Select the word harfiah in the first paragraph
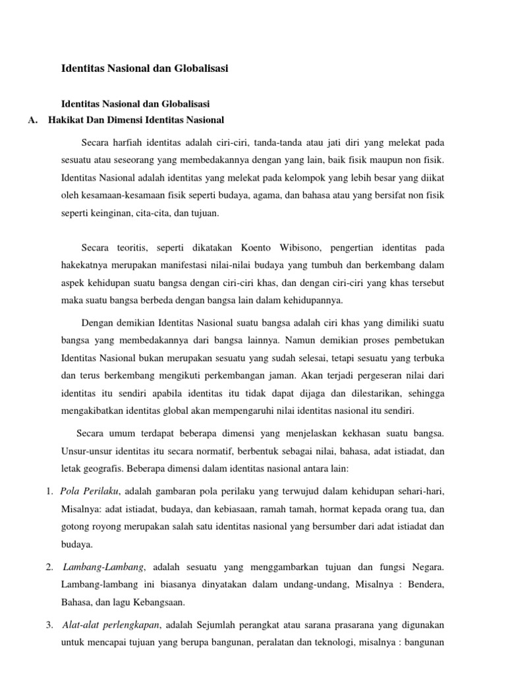tap(130, 142)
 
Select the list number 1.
tap(50, 492)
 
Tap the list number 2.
tap(50, 567)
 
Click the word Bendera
tap(428, 585)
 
